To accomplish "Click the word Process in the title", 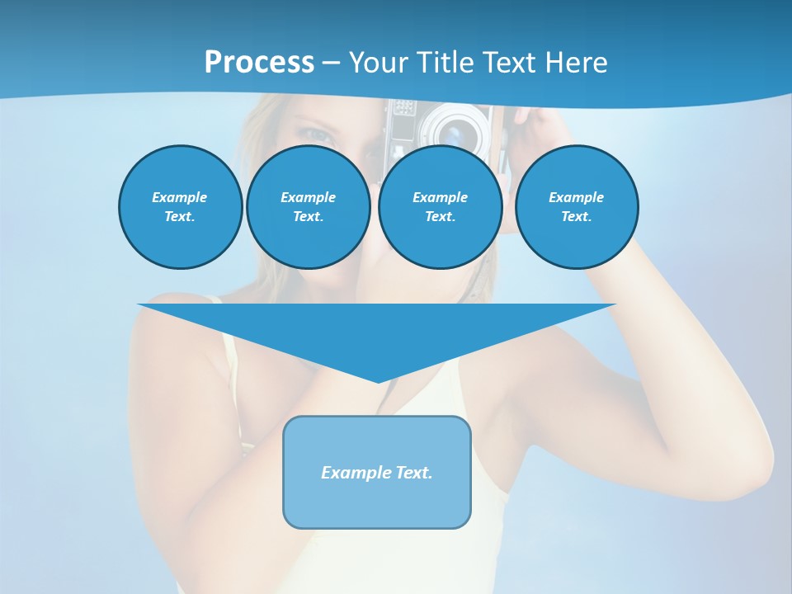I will click(259, 63).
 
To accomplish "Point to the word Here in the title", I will click(577, 63).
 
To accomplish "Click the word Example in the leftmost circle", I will click(180, 197).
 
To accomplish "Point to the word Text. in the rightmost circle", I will click(577, 217).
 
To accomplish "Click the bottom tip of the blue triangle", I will click(378, 380).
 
